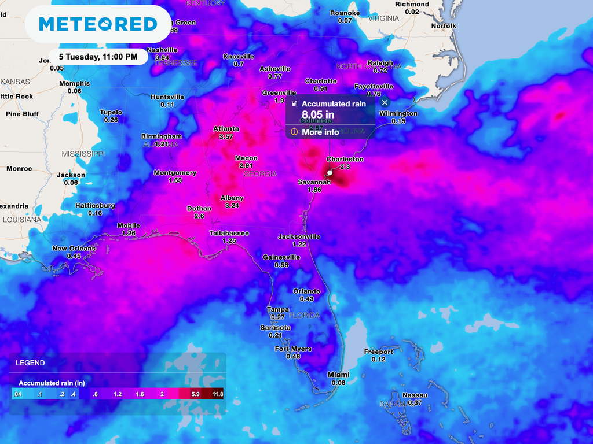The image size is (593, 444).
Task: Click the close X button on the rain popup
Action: coord(385,102)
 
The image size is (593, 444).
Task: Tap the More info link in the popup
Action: coord(320,132)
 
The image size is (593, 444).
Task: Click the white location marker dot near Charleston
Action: coord(330,172)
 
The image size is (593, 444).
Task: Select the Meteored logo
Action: coord(98,24)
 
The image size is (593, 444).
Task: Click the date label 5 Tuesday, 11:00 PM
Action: coord(98,57)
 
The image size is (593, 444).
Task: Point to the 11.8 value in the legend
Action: coord(217,394)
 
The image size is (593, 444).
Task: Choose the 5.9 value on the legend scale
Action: coord(195,394)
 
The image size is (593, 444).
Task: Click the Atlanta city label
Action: coord(226,129)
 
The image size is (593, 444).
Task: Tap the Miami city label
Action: coord(338,375)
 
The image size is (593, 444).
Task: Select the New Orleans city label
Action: coord(74,249)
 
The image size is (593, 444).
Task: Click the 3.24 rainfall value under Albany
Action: coord(232,206)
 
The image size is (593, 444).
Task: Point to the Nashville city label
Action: coord(162,50)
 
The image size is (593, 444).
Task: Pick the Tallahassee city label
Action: coord(229,233)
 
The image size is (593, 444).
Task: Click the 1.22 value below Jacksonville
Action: coord(299,245)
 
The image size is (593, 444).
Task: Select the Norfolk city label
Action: coord(444,26)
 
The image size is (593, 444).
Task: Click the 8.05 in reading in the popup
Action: coord(318,114)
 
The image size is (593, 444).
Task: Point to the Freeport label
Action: coord(378,351)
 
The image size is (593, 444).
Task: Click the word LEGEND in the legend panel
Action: coord(30,363)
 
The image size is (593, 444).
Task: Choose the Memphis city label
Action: coord(74,84)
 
